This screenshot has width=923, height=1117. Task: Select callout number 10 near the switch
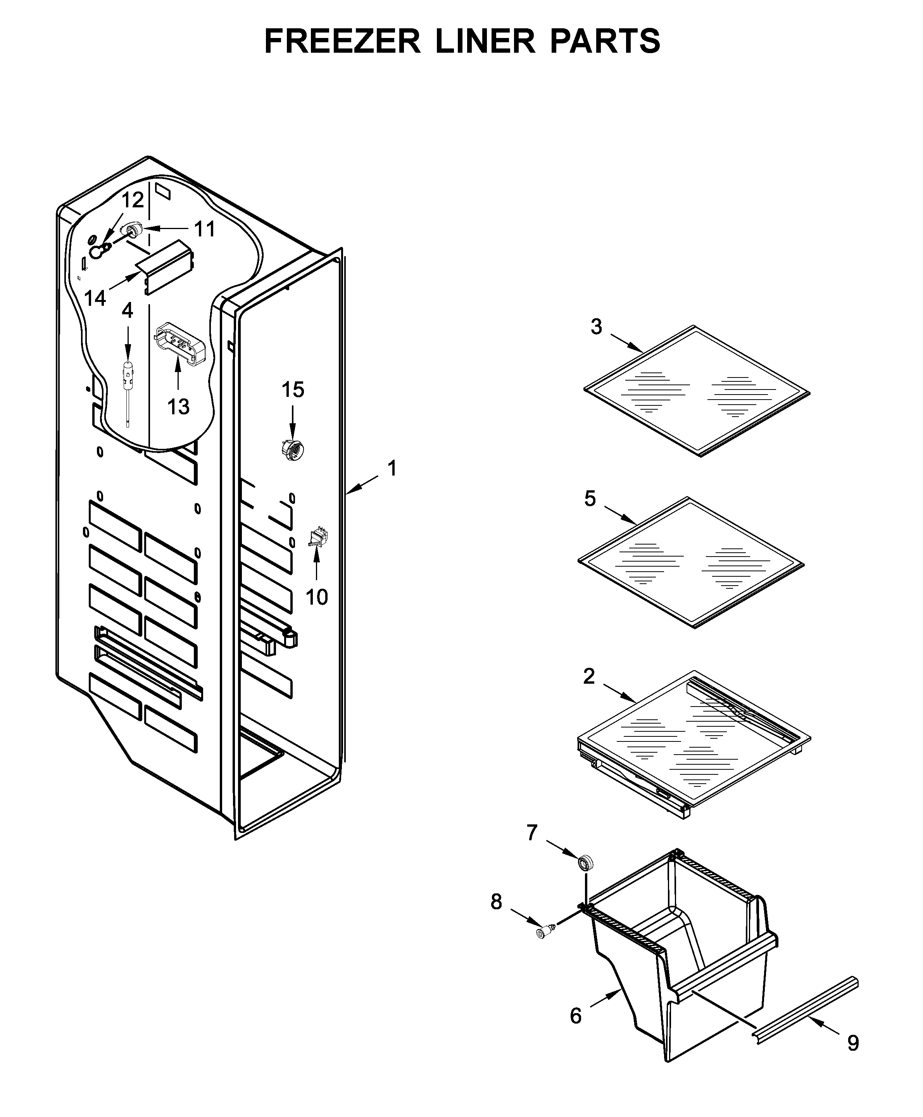[316, 597]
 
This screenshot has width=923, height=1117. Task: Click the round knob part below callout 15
[292, 451]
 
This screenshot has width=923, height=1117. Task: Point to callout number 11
[204, 229]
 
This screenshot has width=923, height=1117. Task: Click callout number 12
[133, 200]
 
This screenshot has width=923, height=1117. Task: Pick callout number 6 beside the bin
[576, 1016]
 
